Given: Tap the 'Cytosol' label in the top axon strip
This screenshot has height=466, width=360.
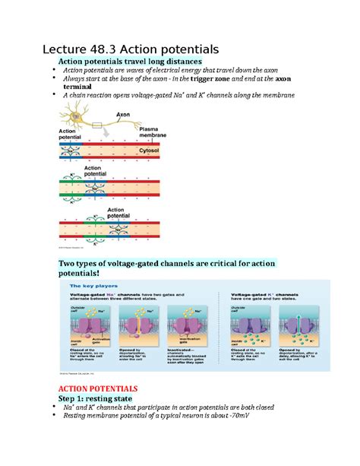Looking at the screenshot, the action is click(x=150, y=151).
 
